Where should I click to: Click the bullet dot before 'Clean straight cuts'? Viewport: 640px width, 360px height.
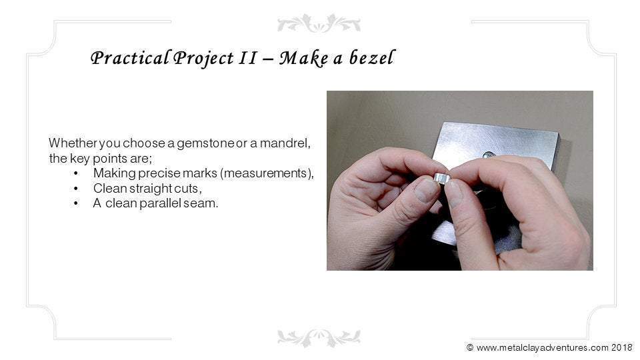76,189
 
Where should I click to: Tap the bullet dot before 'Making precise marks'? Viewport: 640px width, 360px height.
76,173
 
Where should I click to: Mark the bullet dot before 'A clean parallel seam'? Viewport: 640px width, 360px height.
76,204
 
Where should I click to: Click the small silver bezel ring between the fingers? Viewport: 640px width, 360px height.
442,179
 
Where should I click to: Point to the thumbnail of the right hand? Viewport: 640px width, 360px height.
453,193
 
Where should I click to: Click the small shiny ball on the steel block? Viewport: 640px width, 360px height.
489,155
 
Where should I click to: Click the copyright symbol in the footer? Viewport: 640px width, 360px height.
470,347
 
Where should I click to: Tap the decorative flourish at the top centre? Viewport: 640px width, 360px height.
319,23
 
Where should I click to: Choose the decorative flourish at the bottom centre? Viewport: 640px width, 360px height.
319,337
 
